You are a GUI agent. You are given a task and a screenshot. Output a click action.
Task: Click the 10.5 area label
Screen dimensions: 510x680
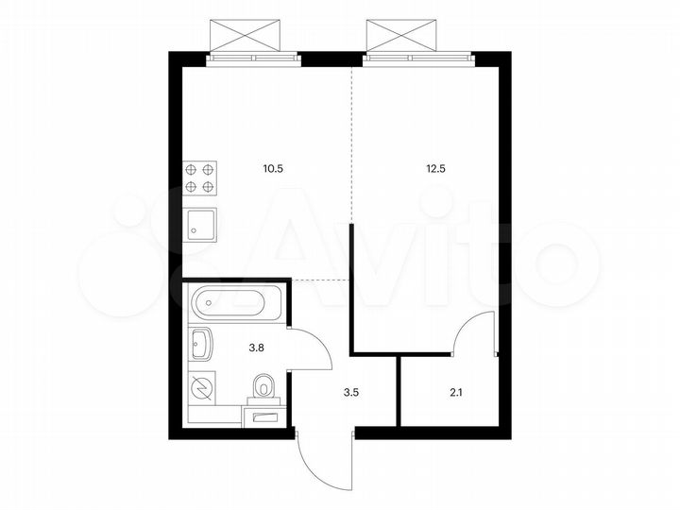pos(273,170)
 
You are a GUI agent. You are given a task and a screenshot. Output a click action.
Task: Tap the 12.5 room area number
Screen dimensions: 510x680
pos(435,170)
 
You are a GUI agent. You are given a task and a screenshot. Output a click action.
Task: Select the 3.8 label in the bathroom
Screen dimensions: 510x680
pos(255,347)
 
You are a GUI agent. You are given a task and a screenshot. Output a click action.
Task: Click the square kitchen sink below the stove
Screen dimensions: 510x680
pos(201,224)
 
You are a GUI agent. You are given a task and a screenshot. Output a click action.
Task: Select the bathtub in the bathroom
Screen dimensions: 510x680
pos(232,304)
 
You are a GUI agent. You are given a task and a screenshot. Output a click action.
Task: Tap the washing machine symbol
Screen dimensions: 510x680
pos(201,387)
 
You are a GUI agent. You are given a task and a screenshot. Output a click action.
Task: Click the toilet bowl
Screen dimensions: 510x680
pos(264,385)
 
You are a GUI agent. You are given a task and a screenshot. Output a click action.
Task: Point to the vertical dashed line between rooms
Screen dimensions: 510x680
pos(351,142)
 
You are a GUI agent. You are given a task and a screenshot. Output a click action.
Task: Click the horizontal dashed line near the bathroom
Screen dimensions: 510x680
pos(321,280)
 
